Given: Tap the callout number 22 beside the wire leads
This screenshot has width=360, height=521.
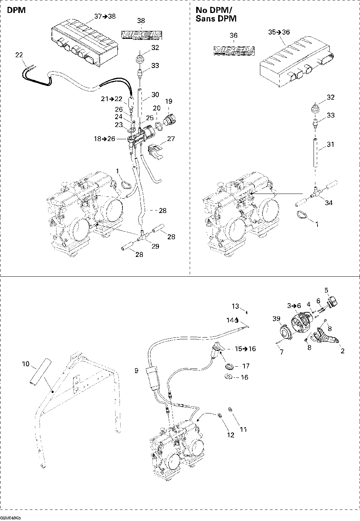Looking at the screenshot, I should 19,55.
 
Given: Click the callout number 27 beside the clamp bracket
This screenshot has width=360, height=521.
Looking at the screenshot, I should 171,139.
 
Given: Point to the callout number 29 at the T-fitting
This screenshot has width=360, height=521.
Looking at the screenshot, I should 156,246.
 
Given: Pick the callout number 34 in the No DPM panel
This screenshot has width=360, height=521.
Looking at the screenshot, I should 329,203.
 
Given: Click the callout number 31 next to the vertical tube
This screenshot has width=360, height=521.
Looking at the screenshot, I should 331,144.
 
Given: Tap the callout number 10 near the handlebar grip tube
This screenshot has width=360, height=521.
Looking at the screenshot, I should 26,364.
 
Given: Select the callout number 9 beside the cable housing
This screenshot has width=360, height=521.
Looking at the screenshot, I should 136,371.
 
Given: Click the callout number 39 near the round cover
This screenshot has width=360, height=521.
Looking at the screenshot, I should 276,319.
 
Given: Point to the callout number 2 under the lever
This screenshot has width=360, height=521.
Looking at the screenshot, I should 342,351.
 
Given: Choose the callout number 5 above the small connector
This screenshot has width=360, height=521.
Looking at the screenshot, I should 326,290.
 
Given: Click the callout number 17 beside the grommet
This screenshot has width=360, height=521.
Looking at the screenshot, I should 246,366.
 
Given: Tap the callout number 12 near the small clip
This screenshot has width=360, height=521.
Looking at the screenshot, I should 230,435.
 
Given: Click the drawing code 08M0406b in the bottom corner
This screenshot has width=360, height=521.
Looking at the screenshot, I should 11,517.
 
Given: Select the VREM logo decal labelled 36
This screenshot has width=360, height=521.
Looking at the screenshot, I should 234,50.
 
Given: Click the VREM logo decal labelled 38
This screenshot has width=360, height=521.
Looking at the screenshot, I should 141,35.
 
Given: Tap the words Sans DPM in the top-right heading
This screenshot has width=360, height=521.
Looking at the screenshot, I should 216,19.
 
